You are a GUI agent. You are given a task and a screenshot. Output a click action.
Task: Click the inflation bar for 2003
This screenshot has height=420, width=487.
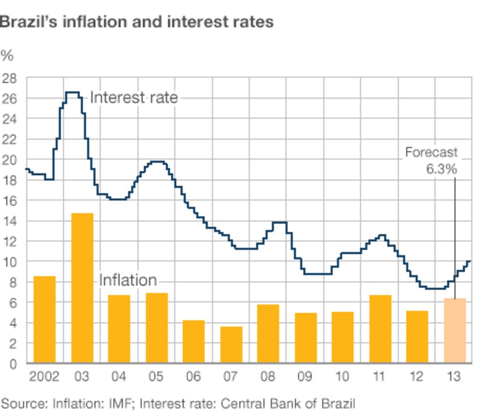(x=82, y=288)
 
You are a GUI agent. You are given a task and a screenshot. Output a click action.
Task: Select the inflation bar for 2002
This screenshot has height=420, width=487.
(x=44, y=319)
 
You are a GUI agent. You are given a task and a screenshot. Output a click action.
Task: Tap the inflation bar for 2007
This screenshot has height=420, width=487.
(x=231, y=344)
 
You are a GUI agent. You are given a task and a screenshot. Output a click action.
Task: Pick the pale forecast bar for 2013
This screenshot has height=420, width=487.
(x=455, y=330)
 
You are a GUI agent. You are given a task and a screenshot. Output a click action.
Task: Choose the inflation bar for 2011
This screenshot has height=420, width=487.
(x=380, y=329)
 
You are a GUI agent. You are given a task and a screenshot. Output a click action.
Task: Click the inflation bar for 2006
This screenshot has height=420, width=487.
(x=194, y=341)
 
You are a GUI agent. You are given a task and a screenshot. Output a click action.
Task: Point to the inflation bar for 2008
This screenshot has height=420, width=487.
(x=268, y=333)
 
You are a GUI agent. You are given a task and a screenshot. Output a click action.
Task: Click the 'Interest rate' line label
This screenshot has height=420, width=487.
(x=134, y=97)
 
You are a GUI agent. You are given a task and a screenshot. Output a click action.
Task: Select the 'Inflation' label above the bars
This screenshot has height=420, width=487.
(x=128, y=280)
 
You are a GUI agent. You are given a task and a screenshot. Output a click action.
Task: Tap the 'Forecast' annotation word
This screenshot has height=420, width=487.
(x=431, y=152)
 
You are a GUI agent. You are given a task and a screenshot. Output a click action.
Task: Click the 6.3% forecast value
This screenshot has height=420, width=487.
(x=441, y=169)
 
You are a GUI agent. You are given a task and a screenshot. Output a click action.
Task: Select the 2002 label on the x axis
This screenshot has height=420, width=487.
(x=44, y=377)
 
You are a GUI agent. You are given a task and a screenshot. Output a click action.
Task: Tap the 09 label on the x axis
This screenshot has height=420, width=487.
(x=305, y=377)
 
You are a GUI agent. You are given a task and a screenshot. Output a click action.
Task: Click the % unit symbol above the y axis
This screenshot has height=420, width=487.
(x=6, y=55)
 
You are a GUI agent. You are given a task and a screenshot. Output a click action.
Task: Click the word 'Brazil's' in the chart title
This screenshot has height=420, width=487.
(x=28, y=22)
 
